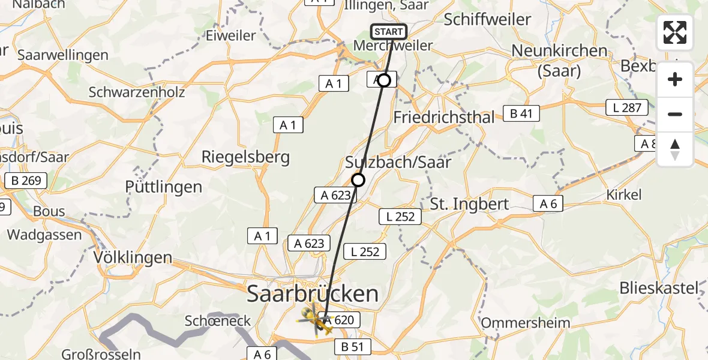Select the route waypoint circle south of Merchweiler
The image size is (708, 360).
(x=384, y=80)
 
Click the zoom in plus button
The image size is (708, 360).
(x=675, y=80)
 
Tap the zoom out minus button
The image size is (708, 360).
(x=675, y=114)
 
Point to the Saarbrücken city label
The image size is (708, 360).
(x=313, y=294)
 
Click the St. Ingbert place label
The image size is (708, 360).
(x=469, y=203)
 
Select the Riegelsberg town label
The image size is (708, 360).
(x=245, y=158)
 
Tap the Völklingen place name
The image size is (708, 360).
(x=133, y=258)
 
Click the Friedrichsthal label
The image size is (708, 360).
(x=444, y=117)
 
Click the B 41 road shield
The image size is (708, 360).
(x=521, y=113)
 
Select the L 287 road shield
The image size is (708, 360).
(x=627, y=109)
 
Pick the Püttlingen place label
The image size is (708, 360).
(x=163, y=187)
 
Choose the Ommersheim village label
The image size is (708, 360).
(x=526, y=323)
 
